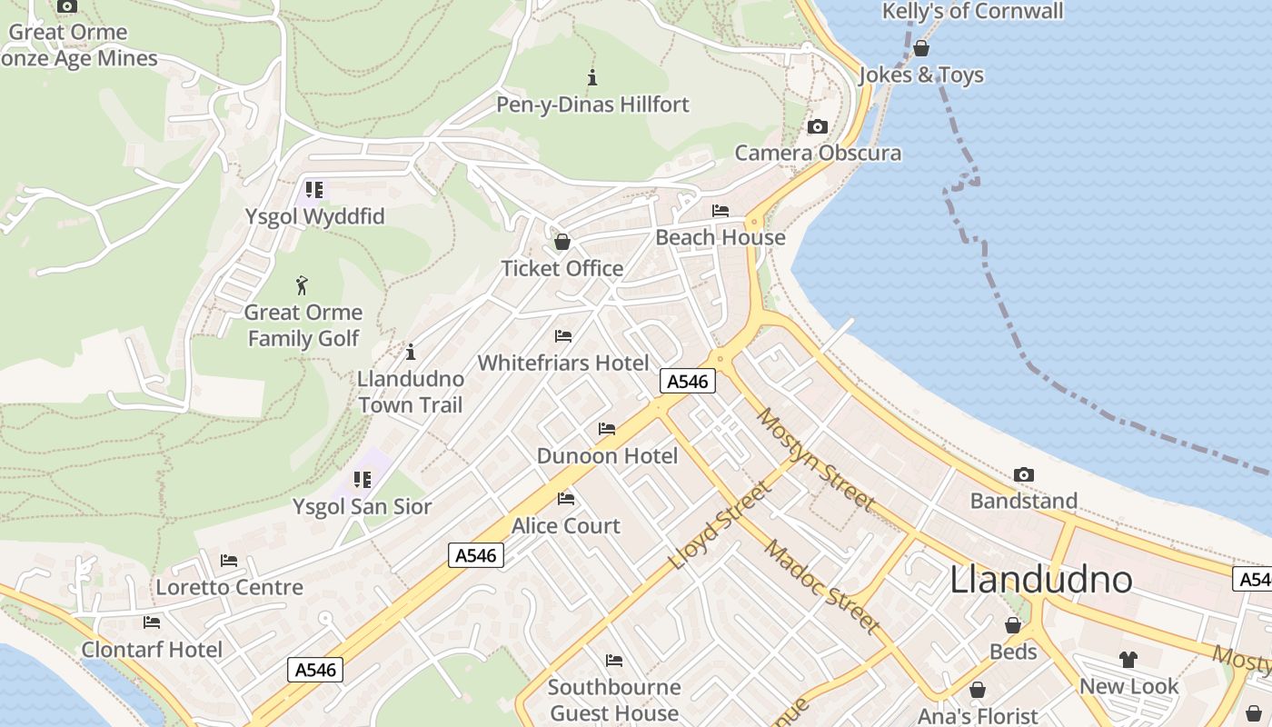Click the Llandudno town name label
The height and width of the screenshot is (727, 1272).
[x=1041, y=579]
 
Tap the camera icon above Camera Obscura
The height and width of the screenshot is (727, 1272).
[x=818, y=127]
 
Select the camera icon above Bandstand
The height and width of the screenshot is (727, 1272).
[x=1024, y=475]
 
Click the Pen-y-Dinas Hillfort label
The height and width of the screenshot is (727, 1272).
[x=592, y=105]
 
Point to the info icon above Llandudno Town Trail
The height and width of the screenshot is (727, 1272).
[x=411, y=352]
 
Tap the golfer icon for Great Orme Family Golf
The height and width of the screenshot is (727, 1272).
[x=303, y=285]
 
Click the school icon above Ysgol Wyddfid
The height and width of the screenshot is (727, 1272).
[x=314, y=190]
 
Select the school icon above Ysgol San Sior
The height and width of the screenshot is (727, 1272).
[x=363, y=480]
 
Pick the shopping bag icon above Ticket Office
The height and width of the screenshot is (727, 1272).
[x=562, y=242]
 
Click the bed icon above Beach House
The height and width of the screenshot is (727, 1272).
[x=720, y=211]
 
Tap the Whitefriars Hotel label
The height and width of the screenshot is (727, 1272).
[x=563, y=363]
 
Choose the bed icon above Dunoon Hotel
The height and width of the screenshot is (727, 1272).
[x=607, y=429]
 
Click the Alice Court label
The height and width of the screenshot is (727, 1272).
[x=566, y=525]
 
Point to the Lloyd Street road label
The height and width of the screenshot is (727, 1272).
[x=720, y=525]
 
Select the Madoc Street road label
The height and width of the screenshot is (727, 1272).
[x=821, y=587]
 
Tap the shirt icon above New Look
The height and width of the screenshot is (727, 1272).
[x=1128, y=660]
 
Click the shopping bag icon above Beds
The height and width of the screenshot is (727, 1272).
[x=1013, y=625]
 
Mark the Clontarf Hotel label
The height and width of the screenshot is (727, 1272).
[x=152, y=649]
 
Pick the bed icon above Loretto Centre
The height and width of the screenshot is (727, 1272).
[x=229, y=561]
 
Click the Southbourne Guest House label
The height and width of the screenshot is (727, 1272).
[x=614, y=700]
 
